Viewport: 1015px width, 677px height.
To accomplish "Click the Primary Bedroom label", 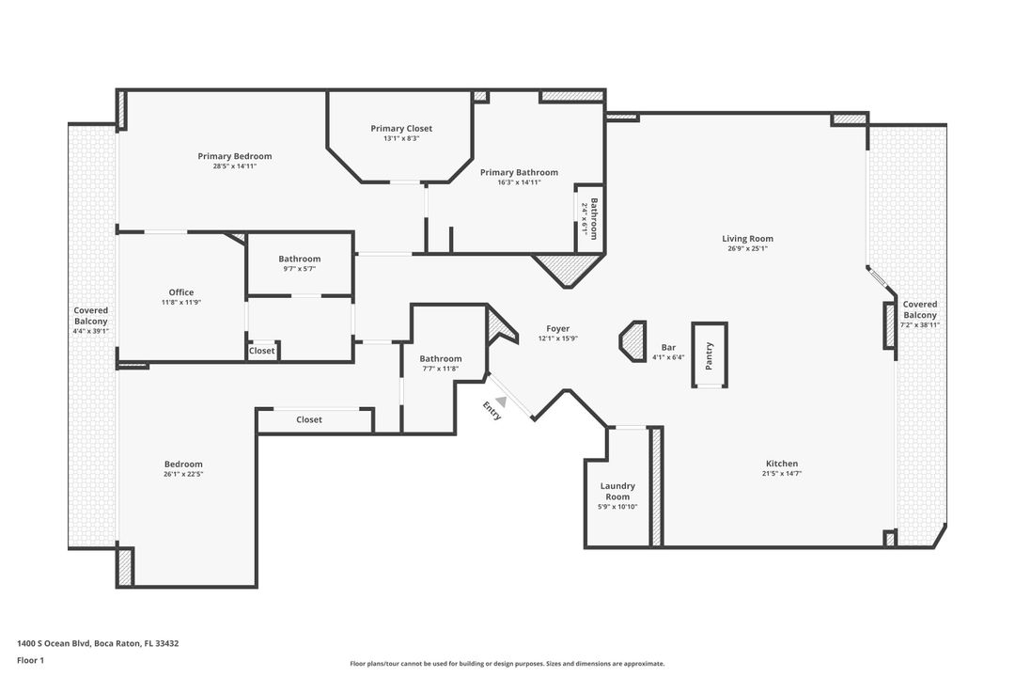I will pos(235,156).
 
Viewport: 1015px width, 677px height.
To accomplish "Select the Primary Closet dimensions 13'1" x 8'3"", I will pos(401,138).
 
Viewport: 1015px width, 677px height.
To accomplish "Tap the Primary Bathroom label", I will pos(519,172).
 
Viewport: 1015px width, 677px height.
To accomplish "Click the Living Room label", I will pos(747,239).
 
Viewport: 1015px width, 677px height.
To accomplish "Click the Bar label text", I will pos(668,347).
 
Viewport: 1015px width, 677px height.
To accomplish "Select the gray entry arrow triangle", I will pos(502,401).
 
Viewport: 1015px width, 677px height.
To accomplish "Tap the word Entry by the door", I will pos(492,411).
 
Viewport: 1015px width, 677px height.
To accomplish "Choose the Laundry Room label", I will pos(617,491).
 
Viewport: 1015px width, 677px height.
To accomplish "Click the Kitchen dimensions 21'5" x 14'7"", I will pos(782,474).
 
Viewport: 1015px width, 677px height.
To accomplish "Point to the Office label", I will pos(181,292).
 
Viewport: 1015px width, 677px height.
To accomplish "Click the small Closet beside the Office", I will pos(262,351).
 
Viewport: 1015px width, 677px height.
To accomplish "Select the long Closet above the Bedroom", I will pos(309,419).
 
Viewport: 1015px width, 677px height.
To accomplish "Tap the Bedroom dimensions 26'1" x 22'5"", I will pos(183,474).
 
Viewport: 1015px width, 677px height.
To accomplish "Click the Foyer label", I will pos(558,328).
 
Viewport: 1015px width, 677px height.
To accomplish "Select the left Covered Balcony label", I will pos(91,315).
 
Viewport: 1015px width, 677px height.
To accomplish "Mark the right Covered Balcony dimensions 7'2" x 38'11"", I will pos(919,324).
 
